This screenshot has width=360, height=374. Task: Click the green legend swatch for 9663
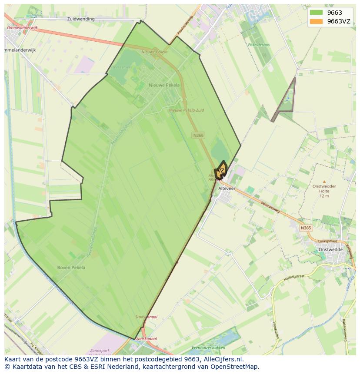(x=316, y=13)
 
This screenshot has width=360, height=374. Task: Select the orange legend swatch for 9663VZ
(x=316, y=21)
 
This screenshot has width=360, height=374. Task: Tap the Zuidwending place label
(x=81, y=19)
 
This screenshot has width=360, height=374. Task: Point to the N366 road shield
(x=198, y=136)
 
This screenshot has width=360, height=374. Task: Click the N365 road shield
(x=306, y=228)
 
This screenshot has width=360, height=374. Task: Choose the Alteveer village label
(x=227, y=189)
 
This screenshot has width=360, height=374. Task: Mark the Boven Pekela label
(x=71, y=268)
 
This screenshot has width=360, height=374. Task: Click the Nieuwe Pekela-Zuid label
(x=186, y=111)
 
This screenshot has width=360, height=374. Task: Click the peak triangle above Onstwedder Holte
(x=324, y=182)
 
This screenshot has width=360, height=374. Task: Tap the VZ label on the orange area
(x=221, y=170)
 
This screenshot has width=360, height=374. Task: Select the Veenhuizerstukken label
(x=208, y=348)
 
